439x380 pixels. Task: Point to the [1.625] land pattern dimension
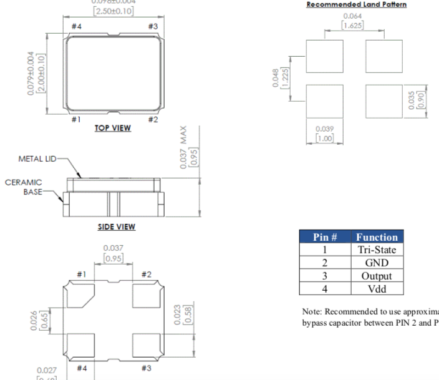pos(354,26)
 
